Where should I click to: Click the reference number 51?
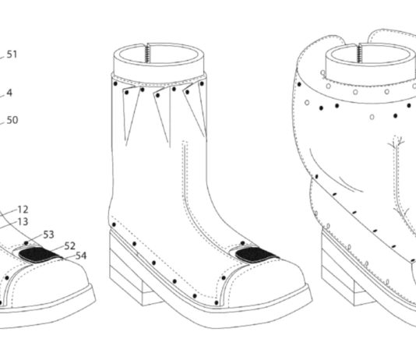pos(12,54)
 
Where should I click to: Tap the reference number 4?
pos(9,93)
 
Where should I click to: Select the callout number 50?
pos(12,120)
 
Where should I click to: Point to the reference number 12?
pos(23,210)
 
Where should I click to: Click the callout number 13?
pos(23,222)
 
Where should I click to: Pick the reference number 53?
pos(48,235)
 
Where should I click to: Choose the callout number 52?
pos(70,246)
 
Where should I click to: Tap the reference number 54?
pos(81,256)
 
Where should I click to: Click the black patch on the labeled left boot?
pos(40,254)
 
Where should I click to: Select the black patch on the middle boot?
pos(256,254)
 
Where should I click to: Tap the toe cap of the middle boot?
pos(263,284)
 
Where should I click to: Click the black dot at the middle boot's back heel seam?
pos(114,224)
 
